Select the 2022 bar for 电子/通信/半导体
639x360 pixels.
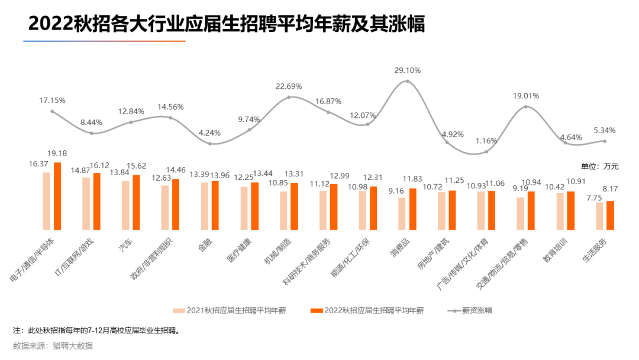[x=57, y=196]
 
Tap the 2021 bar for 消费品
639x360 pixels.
[x=402, y=213]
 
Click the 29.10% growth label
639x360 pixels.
[x=407, y=70]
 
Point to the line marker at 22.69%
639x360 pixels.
[x=289, y=97]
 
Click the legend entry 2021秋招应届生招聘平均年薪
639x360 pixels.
[x=230, y=310]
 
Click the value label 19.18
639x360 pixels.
[x=58, y=153]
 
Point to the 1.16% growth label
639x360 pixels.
[x=486, y=141]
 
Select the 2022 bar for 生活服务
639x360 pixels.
[x=610, y=215]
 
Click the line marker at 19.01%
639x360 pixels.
[x=526, y=107]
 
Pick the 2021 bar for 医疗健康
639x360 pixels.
[x=244, y=208]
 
